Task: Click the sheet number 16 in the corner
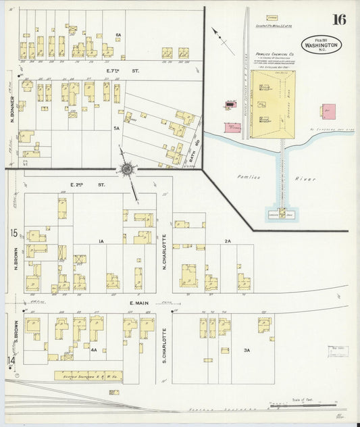coord(338,19)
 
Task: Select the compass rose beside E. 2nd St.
coord(126,169)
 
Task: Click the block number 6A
coord(118,35)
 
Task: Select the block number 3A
coord(247,350)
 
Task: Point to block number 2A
coord(228,241)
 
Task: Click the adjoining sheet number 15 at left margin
coord(13,233)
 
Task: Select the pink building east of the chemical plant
coord(329,111)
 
